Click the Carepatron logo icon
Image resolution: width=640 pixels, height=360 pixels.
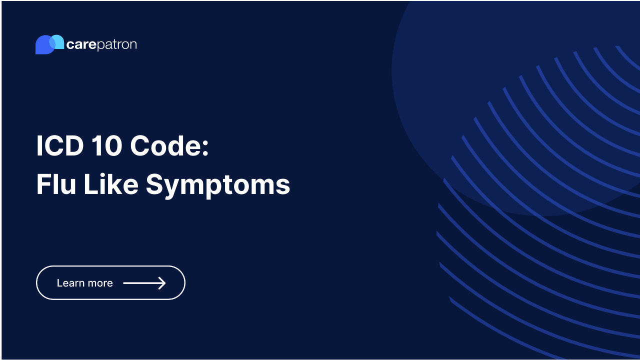point(49,44)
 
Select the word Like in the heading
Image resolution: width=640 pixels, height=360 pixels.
point(110,184)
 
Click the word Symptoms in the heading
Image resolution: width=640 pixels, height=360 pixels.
point(218,185)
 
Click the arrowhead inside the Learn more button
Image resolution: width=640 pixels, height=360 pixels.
point(161,283)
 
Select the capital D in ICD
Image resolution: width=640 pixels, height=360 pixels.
point(71,146)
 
